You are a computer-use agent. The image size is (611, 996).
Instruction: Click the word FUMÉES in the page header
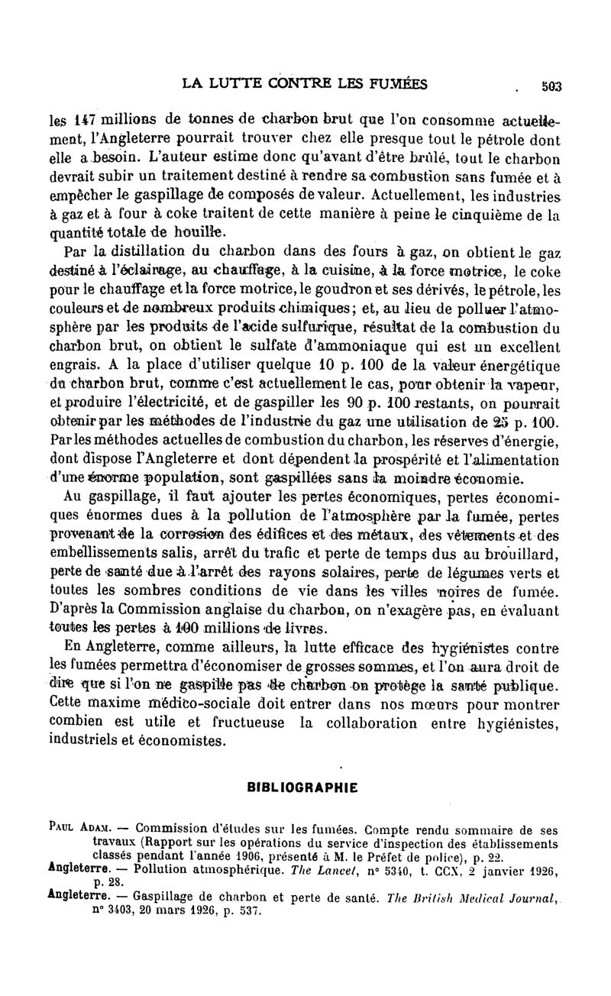(x=393, y=83)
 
